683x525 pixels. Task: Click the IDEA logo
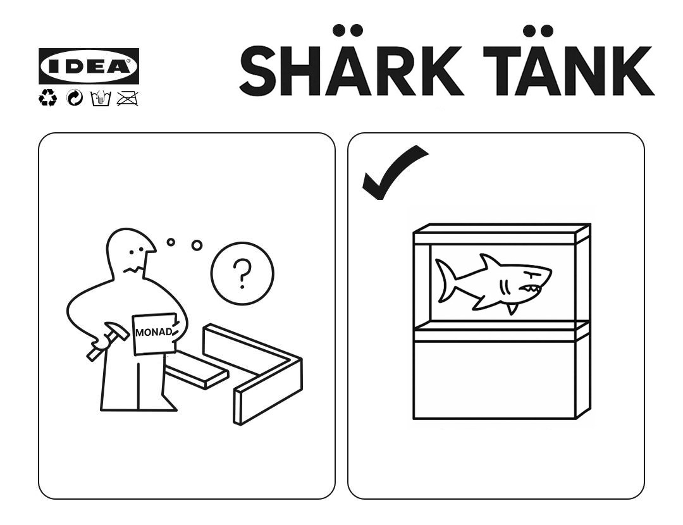pyautogui.click(x=89, y=66)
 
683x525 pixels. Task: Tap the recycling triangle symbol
pyautogui.click(x=47, y=98)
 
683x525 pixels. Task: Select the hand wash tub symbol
pyautogui.click(x=101, y=99)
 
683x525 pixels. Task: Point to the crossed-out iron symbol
pyautogui.click(x=128, y=99)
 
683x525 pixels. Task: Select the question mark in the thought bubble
pyautogui.click(x=242, y=274)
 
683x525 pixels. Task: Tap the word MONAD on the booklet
pyautogui.click(x=154, y=332)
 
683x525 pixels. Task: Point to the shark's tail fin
pyautogui.click(x=445, y=280)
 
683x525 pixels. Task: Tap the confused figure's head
pyautogui.click(x=131, y=251)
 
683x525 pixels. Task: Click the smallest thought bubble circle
pyautogui.click(x=171, y=242)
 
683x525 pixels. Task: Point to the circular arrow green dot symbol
pyautogui.click(x=75, y=99)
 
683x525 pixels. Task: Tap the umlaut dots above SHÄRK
pyautogui.click(x=348, y=30)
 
